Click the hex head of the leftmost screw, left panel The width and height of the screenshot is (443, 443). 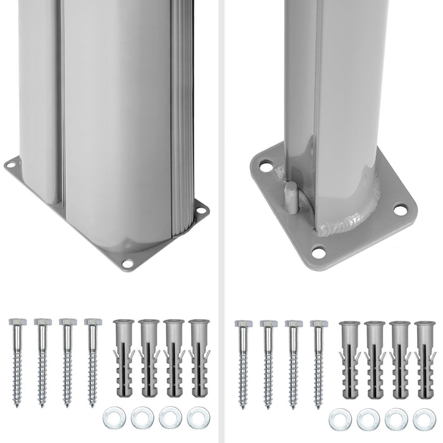[16, 322]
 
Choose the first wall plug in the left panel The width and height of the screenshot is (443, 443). [123, 358]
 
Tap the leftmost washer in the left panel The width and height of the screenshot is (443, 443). [114, 418]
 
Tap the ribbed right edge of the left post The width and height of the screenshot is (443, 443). [180, 127]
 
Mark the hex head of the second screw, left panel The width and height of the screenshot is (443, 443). [41, 322]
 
